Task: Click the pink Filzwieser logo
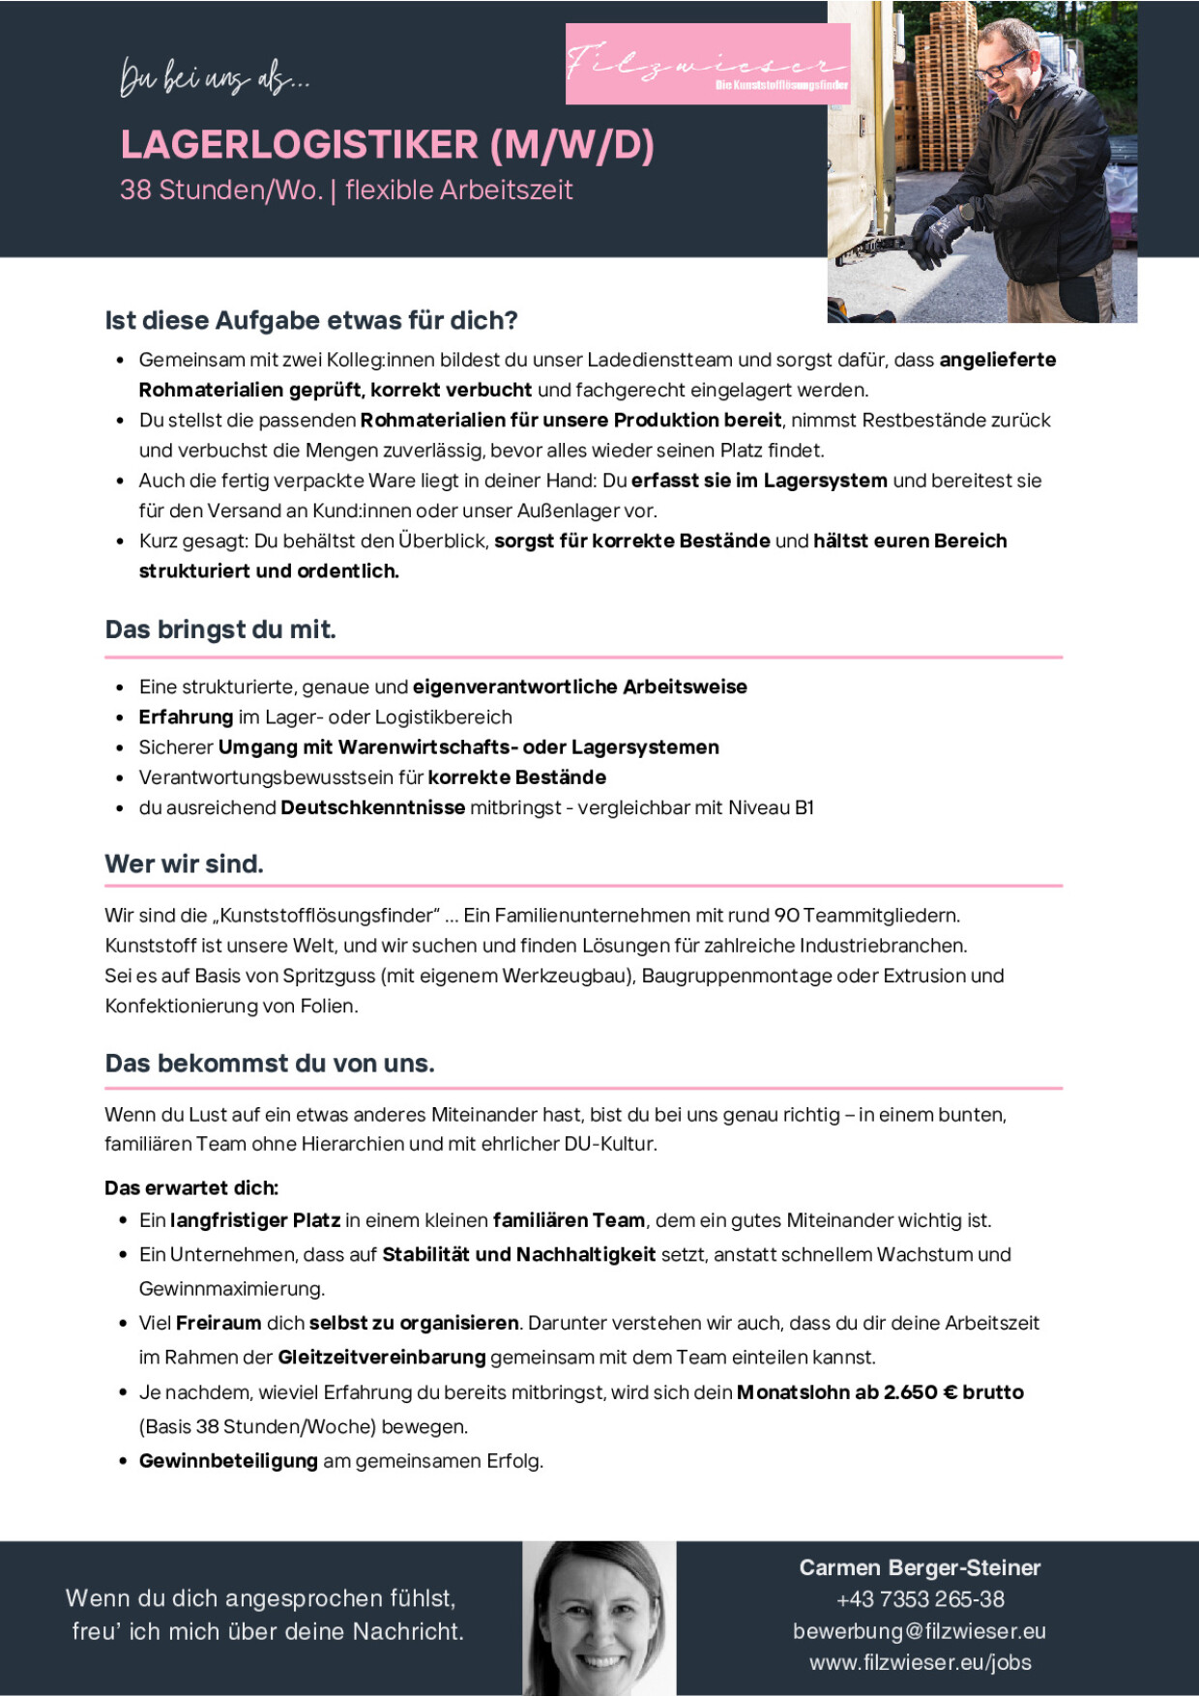point(707,64)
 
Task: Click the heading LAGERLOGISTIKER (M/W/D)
point(387,145)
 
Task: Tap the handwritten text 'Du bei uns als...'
point(215,77)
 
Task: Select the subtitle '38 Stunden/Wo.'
point(220,190)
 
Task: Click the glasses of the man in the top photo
point(997,66)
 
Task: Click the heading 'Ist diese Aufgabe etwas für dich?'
point(311,320)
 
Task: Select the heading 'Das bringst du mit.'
point(220,629)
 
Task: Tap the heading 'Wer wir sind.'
point(184,863)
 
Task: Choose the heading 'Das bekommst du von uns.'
point(270,1064)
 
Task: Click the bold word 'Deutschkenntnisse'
point(372,807)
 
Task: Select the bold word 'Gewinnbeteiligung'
point(228,1460)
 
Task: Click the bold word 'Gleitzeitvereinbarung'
point(381,1357)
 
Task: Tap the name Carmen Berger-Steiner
point(920,1567)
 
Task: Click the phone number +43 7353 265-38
point(920,1599)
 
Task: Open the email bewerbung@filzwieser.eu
point(920,1631)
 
